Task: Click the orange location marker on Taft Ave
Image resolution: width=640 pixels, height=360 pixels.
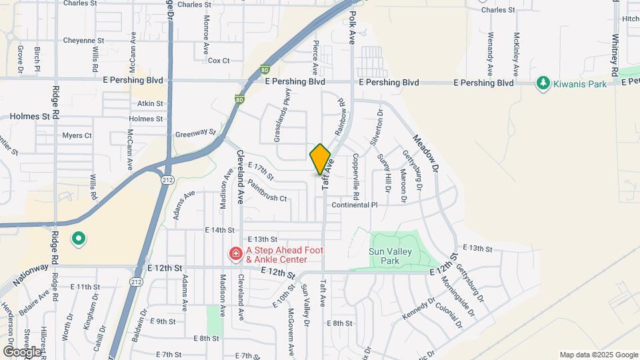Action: click(321, 159)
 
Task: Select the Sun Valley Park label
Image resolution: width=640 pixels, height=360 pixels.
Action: click(390, 256)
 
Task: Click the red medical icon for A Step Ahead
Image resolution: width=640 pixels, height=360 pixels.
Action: click(235, 254)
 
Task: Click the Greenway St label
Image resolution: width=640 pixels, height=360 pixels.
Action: click(195, 133)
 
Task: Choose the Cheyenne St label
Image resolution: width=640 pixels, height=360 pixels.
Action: click(83, 41)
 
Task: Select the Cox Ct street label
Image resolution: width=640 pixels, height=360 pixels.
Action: click(219, 61)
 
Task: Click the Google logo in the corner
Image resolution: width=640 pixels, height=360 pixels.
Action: click(22, 351)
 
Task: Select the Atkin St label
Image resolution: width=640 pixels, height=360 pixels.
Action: click(150, 103)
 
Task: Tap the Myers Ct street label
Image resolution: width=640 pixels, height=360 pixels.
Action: click(77, 135)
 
